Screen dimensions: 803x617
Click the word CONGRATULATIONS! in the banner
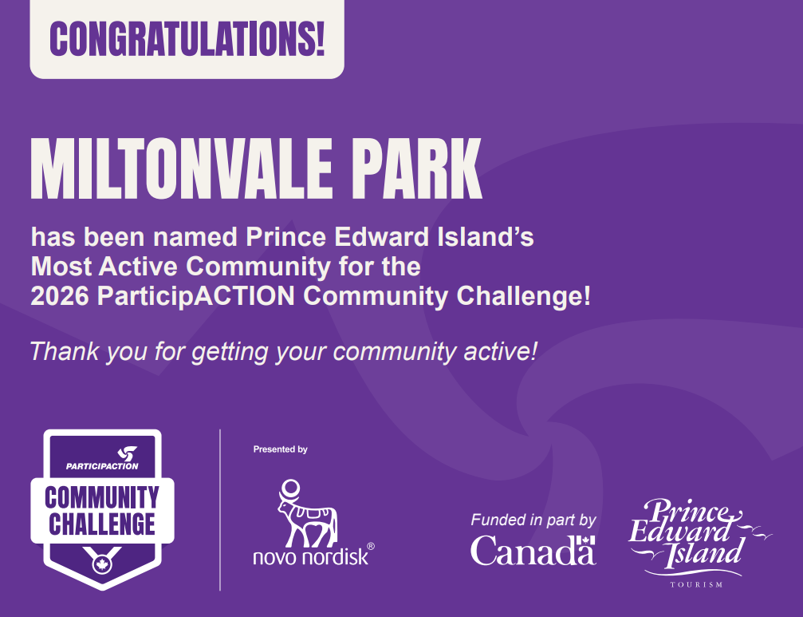pyautogui.click(x=187, y=39)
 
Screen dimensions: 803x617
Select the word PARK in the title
pyautogui.click(x=417, y=168)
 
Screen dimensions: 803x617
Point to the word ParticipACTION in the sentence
pyautogui.click(x=196, y=297)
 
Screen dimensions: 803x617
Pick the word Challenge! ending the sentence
pyautogui.click(x=523, y=297)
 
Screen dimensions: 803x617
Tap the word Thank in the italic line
pyautogui.click(x=64, y=351)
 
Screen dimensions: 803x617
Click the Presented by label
pyautogui.click(x=280, y=449)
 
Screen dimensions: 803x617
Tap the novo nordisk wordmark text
pyautogui.click(x=311, y=557)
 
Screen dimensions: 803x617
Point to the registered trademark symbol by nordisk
pyautogui.click(x=371, y=546)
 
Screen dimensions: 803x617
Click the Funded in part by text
pyautogui.click(x=533, y=520)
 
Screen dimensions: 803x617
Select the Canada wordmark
pyautogui.click(x=533, y=551)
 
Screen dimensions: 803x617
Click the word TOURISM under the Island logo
pyautogui.click(x=696, y=585)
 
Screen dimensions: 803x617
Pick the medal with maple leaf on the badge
pyautogui.click(x=102, y=563)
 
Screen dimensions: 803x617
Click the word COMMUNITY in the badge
pyautogui.click(x=102, y=497)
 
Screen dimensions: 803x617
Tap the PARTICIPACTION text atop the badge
pyautogui.click(x=102, y=466)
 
